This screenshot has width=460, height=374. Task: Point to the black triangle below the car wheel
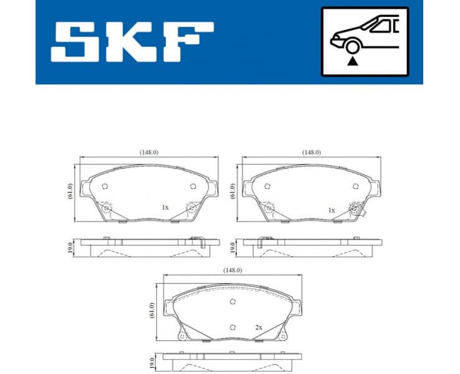click(353, 61)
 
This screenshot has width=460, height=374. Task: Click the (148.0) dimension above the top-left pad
click(148, 151)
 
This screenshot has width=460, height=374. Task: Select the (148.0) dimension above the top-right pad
click(311, 151)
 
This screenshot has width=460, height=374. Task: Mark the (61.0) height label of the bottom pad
click(151, 310)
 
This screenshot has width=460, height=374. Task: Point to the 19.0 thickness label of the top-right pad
click(232, 247)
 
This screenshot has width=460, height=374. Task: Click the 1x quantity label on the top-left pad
click(165, 207)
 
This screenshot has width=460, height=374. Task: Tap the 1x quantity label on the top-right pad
click(332, 210)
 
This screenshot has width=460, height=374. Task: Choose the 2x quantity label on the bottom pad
click(258, 327)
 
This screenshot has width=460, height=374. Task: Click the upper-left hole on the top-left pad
click(105, 186)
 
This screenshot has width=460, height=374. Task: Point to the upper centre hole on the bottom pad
click(232, 302)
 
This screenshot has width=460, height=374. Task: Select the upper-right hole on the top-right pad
click(355, 186)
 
